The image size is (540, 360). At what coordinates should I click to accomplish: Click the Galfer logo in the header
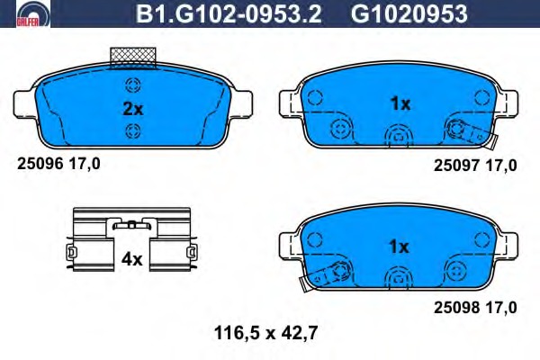(x=33, y=14)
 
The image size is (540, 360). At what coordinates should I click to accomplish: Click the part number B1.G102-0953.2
(x=229, y=14)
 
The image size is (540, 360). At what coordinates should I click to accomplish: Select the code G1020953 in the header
(x=409, y=14)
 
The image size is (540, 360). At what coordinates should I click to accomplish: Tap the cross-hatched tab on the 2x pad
(x=133, y=58)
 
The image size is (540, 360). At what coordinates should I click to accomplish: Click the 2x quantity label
(x=133, y=109)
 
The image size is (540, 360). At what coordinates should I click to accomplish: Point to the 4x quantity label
(x=131, y=259)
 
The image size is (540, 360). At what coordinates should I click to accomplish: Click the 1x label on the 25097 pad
(x=400, y=103)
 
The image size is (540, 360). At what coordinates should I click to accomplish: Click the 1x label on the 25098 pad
(x=399, y=247)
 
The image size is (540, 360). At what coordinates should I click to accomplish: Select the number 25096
(x=40, y=163)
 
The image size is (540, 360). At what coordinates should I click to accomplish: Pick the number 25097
(x=456, y=166)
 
